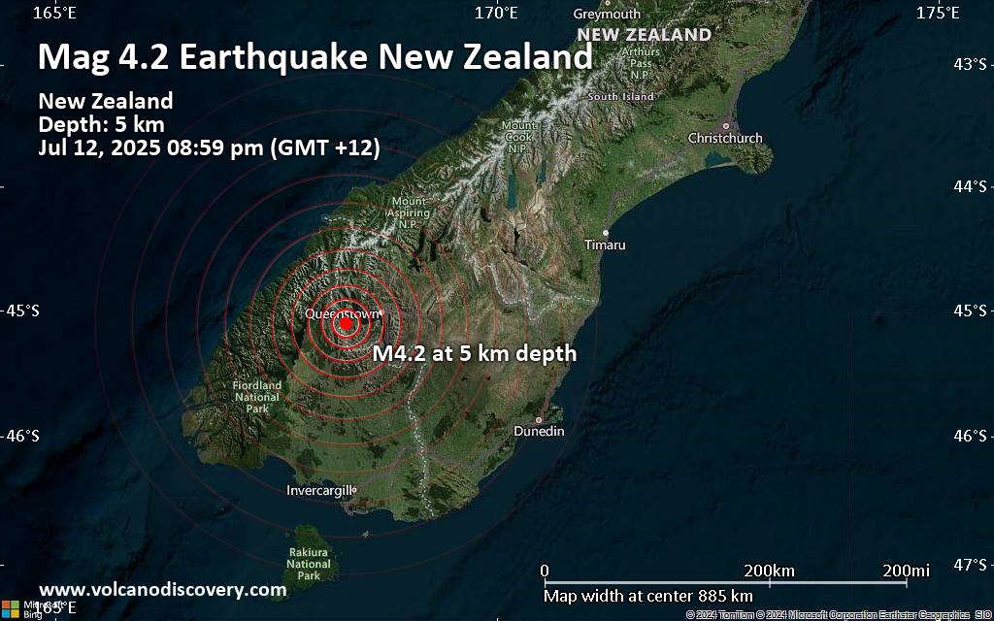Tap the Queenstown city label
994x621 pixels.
point(341,313)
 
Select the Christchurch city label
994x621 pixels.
point(725,139)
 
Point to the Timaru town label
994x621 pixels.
point(605,245)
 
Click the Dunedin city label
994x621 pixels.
point(539,431)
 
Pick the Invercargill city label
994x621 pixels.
point(319,491)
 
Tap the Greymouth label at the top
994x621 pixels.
point(607,15)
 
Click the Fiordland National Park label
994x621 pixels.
point(257,397)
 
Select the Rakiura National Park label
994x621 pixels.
point(309,564)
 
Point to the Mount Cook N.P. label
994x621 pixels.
point(518,137)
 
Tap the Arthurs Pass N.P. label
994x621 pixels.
point(640,63)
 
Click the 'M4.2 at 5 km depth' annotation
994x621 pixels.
point(475,354)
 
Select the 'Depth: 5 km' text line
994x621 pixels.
point(101,124)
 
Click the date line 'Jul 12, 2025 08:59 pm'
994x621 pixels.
point(209,148)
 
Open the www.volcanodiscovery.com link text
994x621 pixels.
point(162,590)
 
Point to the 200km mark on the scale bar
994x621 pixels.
point(770,570)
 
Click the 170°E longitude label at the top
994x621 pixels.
point(496,13)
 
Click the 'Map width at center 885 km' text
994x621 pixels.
point(647,596)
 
